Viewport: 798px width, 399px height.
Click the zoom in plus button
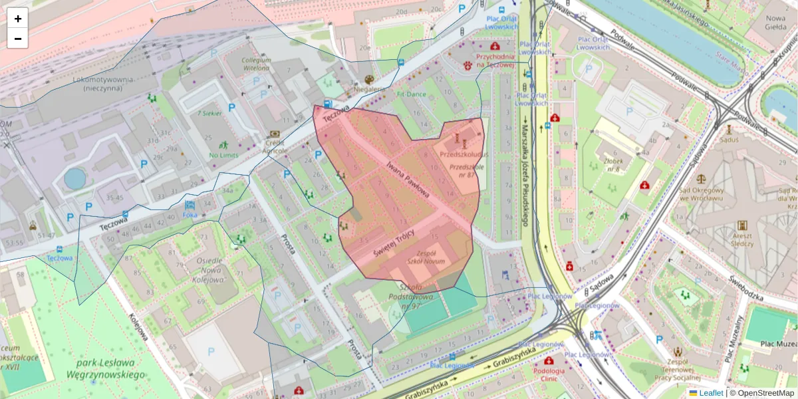point(18,19)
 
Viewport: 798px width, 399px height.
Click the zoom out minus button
point(18,39)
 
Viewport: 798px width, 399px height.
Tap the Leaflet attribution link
point(711,393)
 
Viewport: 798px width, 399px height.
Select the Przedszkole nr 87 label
point(465,171)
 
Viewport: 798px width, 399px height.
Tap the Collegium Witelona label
point(256,64)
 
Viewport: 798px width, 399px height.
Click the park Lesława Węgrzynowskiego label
point(105,368)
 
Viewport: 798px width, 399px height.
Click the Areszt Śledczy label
point(742,239)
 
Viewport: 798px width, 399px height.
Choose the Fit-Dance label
point(411,94)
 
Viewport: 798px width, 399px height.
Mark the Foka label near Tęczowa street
point(190,215)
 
